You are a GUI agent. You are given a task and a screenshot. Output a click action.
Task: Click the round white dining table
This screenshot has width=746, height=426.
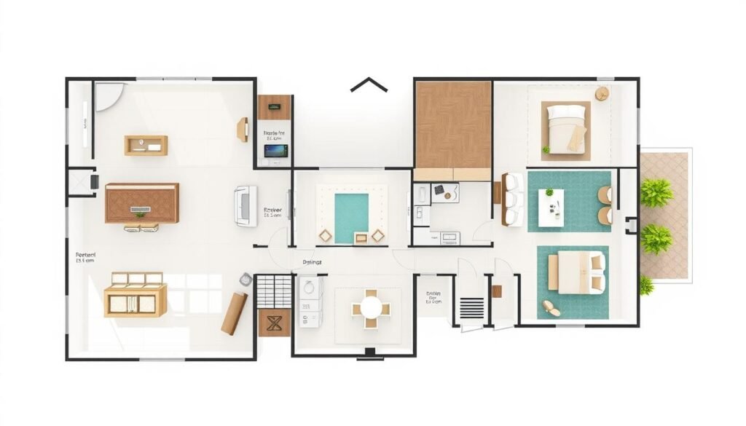[x=372, y=305]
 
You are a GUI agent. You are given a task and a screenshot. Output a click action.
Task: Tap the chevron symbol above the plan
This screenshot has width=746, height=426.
[x=369, y=85]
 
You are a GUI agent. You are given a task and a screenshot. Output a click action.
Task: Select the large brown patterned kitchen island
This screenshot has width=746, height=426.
[x=142, y=202]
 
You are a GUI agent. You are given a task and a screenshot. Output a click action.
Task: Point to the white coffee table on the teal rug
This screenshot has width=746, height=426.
[x=551, y=208]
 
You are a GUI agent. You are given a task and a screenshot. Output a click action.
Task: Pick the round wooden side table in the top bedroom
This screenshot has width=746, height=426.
[x=602, y=93]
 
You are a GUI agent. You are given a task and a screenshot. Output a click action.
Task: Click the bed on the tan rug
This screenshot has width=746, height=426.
[x=567, y=128]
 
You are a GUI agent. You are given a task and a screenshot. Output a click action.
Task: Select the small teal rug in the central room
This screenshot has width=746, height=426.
[x=351, y=217]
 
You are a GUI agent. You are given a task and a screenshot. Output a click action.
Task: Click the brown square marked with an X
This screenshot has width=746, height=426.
[x=275, y=322]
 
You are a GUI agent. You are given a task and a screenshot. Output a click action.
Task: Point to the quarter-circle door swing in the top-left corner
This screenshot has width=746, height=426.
[x=106, y=95]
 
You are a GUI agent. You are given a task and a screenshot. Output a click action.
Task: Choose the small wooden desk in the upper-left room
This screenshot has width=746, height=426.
[x=146, y=146]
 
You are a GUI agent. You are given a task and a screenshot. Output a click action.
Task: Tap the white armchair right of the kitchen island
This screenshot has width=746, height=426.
[x=245, y=205]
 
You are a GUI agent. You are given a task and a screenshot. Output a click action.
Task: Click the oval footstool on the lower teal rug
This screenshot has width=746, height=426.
[x=551, y=308]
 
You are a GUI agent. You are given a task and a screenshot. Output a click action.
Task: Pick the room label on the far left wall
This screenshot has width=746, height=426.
[x=85, y=257]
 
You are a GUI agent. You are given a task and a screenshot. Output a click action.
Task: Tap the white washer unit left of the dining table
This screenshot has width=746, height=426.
[x=309, y=299]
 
